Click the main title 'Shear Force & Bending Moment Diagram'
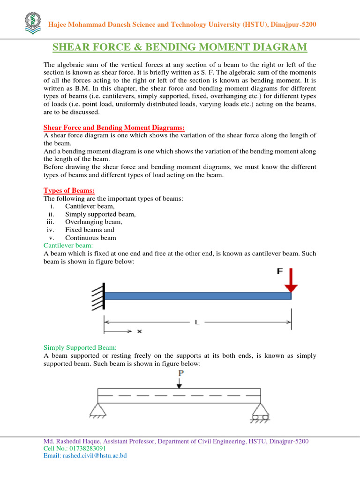pyautogui.click(x=180, y=47)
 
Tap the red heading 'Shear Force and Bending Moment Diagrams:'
pyautogui.click(x=114, y=127)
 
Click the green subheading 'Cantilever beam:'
pyautogui.click(x=68, y=245)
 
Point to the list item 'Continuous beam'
pyautogui.click(x=90, y=238)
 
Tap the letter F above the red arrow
pyautogui.click(x=280, y=271)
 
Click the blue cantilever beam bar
pyautogui.click(x=197, y=296)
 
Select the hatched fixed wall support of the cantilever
pyautogui.click(x=98, y=296)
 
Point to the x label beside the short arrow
pyautogui.click(x=139, y=331)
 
